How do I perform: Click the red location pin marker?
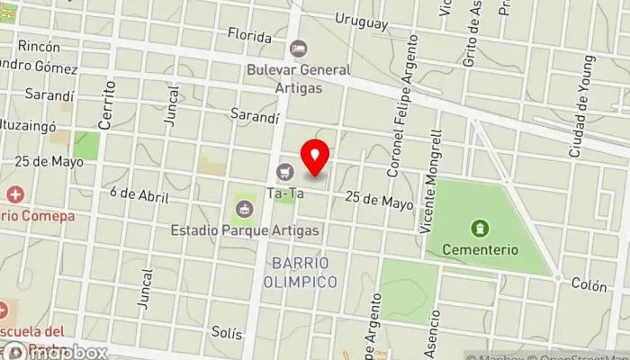click(315, 158)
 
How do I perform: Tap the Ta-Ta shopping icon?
click(286, 171)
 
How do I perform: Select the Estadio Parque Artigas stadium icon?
click(244, 210)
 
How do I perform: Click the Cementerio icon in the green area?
click(479, 229)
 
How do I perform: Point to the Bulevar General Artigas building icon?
click(298, 48)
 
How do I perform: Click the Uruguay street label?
click(360, 22)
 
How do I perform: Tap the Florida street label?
click(249, 37)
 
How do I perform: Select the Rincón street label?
click(38, 47)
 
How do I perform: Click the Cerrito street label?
click(109, 104)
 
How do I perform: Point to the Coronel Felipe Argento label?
click(403, 105)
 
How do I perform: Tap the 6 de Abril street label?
click(139, 193)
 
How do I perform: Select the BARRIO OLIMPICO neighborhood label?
click(301, 272)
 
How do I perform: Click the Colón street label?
click(589, 284)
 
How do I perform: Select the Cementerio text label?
click(485, 249)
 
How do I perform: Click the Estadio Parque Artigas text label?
click(245, 230)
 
